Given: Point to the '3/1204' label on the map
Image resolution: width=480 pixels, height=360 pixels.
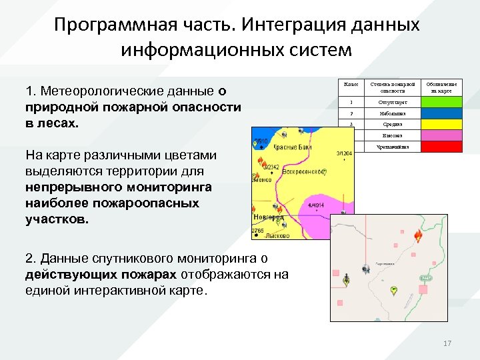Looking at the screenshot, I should coord(344,153).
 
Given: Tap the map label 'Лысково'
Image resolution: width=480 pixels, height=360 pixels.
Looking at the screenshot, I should coord(275,235).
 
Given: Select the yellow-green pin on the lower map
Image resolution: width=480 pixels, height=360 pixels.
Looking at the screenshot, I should coord(393,291).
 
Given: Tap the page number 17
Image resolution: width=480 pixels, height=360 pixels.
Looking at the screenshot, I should coord(447,343).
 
